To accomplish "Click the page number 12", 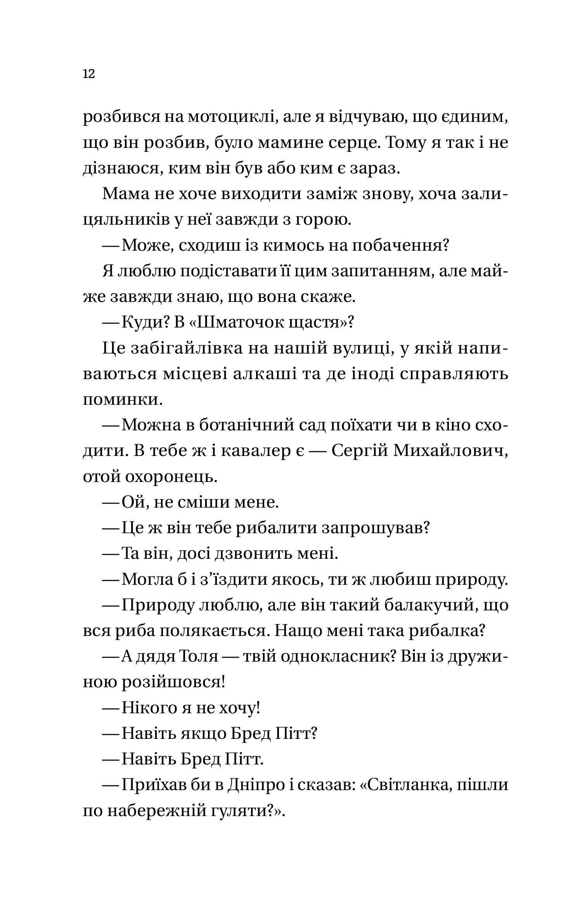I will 89,74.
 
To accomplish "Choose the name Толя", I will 199,657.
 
